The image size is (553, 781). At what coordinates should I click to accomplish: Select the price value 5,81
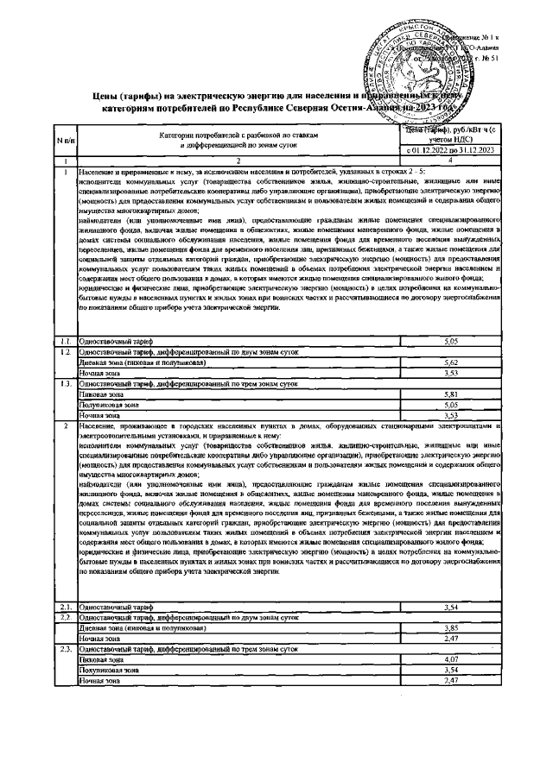(448, 394)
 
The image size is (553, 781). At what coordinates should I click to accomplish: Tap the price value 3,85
(448, 627)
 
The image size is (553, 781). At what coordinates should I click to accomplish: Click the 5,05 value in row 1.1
(448, 342)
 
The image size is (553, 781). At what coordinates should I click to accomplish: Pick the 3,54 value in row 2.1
(448, 608)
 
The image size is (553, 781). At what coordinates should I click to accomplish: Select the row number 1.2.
(64, 352)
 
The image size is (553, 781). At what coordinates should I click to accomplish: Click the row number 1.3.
(64, 382)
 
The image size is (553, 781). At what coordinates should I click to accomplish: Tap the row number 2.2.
(64, 618)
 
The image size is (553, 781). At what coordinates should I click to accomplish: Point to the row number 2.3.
(64, 648)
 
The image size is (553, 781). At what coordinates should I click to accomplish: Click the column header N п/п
(66, 139)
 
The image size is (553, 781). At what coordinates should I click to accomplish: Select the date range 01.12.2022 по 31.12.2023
(448, 151)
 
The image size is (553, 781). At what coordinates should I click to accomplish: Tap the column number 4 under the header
(448, 161)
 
